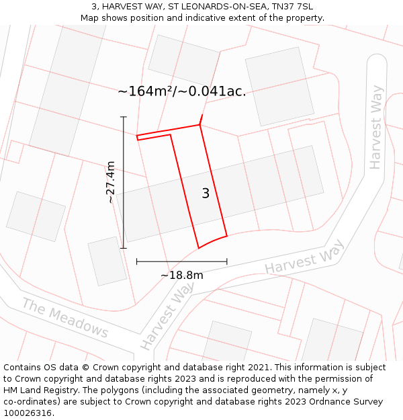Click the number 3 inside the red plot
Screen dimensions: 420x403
(x=206, y=194)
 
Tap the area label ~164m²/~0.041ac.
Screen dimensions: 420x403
(x=181, y=91)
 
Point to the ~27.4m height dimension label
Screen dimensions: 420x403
(x=111, y=182)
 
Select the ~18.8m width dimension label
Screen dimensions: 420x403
(x=181, y=275)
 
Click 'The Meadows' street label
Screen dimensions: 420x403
(x=64, y=318)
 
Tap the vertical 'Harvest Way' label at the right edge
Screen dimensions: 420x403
(x=375, y=127)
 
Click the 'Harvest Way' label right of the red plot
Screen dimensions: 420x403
(x=304, y=257)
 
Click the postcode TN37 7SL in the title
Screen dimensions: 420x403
(x=292, y=7)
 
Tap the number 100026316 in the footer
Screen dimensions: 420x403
(x=27, y=413)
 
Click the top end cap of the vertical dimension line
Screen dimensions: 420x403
(x=124, y=117)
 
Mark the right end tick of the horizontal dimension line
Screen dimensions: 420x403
(x=227, y=261)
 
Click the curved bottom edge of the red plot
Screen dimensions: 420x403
(x=213, y=241)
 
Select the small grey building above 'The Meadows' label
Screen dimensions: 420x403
(x=107, y=261)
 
